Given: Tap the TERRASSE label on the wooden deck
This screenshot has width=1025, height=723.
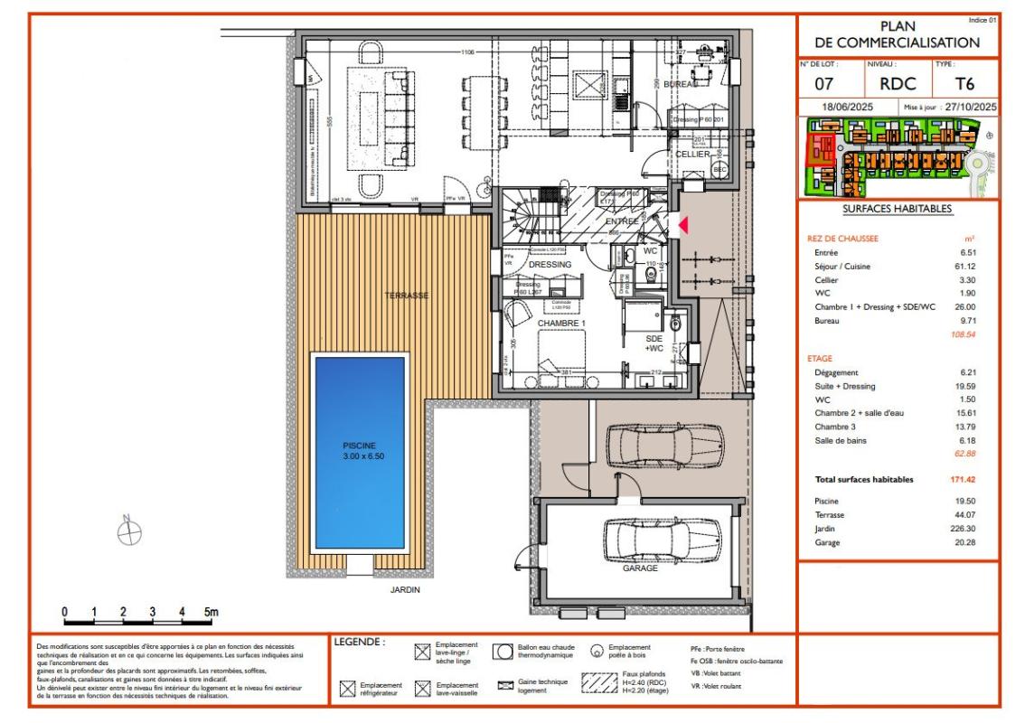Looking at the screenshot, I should pos(406,296).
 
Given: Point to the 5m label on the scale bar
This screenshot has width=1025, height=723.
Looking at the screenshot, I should pos(210,612).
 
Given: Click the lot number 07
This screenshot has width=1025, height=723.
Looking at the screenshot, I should pos(823,85).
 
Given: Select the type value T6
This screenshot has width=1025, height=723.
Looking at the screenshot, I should pos(965,85).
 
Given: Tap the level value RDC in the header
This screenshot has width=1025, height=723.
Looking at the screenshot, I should pos(898,85).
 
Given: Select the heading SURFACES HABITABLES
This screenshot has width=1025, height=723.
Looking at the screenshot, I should pos(897,209).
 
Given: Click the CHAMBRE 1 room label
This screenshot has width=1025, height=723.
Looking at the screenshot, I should pos(562,323).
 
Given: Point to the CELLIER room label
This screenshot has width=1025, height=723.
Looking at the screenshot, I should pos(692,155).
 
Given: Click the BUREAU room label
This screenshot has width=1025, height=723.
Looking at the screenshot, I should pos(681,84).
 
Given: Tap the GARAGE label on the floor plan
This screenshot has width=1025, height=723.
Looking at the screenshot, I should pos(639,568).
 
